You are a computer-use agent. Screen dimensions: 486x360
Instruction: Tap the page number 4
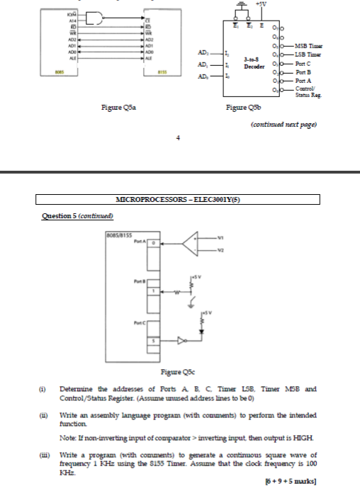click(178, 137)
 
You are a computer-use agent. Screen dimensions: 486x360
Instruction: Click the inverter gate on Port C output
click(182, 341)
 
